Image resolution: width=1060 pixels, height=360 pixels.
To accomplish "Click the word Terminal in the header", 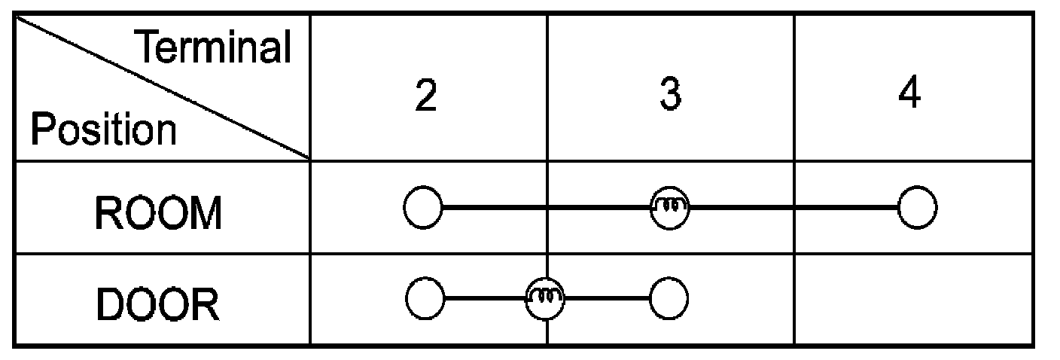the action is click(213, 48).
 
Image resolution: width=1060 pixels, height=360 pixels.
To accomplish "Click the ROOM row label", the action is click(158, 214).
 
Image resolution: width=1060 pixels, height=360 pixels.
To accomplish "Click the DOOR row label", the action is click(158, 306).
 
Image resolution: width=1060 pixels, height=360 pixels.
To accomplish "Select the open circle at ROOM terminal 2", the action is click(423, 207).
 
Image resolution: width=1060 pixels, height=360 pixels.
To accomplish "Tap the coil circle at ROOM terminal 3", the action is click(670, 207).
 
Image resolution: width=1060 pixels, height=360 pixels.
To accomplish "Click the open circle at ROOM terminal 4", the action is click(918, 207).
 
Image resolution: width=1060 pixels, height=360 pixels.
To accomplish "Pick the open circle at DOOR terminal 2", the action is click(425, 299).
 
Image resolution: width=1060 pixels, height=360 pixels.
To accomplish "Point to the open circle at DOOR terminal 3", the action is click(669, 299).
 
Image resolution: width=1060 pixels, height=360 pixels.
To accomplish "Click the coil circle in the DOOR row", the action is click(545, 299).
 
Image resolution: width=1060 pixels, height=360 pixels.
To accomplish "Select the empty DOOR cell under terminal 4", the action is click(912, 299).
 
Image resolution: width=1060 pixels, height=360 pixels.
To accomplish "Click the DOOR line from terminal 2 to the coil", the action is click(486, 299).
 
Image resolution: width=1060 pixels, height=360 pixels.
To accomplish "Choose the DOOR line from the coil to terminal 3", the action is click(607, 299).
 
